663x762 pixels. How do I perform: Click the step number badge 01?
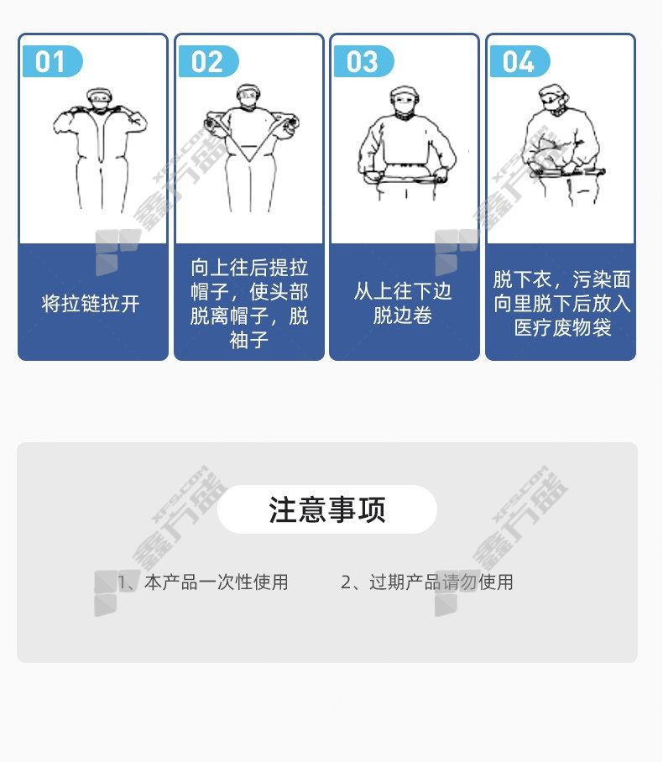point(53,61)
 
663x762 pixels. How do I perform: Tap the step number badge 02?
point(208,61)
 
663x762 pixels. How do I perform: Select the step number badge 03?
point(363,61)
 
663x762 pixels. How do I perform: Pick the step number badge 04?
point(519,61)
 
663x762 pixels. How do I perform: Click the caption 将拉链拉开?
point(91,304)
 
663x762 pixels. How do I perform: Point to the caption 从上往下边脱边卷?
point(403,303)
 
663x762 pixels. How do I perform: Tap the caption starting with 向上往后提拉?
point(249,304)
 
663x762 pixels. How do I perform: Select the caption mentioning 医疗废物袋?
point(562,304)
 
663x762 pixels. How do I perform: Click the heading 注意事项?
point(327,509)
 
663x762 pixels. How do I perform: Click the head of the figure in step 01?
point(99,100)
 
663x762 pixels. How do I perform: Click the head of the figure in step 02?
point(248,97)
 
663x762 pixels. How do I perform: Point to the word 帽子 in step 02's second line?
point(210,292)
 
